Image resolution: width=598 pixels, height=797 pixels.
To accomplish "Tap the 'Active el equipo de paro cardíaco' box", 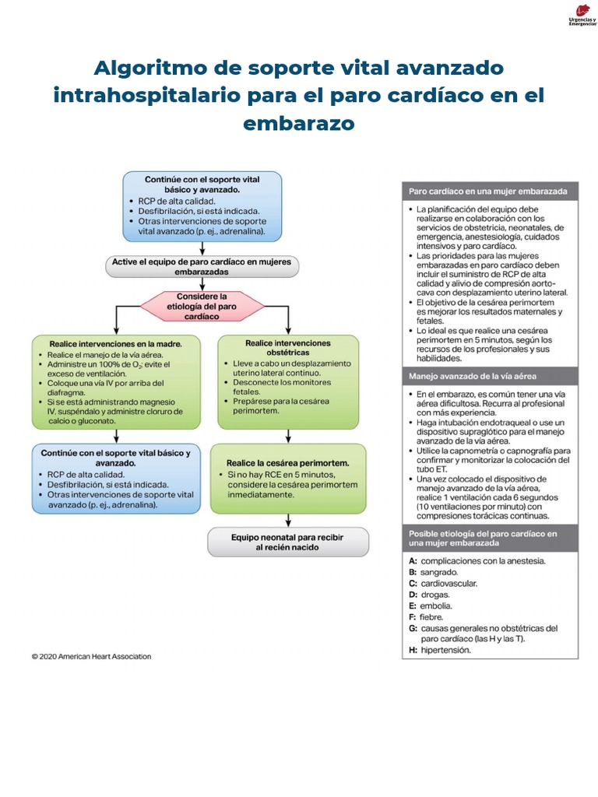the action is [202, 267].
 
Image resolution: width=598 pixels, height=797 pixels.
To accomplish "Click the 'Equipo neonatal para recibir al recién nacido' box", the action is [287, 542].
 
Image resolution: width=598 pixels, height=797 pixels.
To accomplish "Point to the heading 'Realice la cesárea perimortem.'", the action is [287, 462].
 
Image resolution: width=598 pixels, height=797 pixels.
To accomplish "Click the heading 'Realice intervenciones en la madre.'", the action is [115, 343].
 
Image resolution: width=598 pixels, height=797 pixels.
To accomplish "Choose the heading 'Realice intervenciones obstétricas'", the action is [287, 348].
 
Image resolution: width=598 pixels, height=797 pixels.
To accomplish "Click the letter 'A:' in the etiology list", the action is [413, 560].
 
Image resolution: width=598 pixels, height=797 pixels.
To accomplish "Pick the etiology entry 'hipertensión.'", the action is [445, 650].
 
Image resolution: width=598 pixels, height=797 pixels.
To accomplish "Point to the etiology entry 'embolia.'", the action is [436, 606].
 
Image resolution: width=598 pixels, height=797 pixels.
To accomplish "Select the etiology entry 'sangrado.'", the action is [439, 571].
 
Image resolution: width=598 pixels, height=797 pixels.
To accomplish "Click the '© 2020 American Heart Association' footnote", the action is [92, 656].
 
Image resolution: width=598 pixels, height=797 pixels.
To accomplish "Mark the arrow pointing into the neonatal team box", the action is [288, 520].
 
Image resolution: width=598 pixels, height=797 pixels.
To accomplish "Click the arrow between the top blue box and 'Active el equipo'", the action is [202, 248].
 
